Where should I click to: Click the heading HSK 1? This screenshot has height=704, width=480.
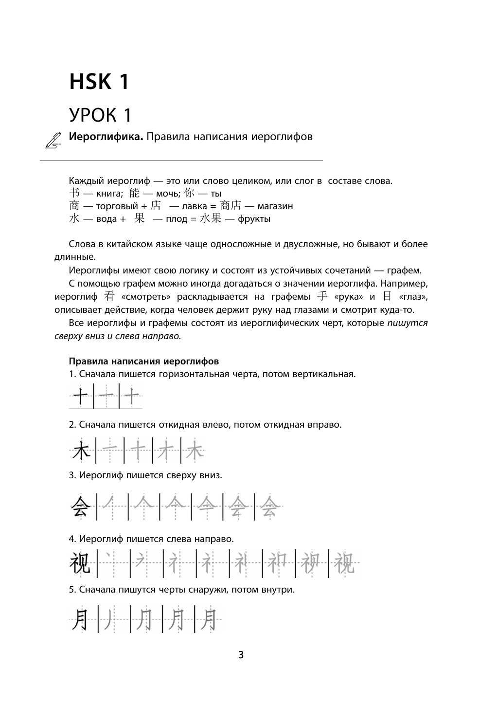pos(99,82)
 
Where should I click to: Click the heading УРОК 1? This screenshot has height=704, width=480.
pos(101,115)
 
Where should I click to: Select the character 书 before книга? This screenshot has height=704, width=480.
pos(74,193)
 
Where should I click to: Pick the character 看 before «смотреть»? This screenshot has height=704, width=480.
pos(108,296)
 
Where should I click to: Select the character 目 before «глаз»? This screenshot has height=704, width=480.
pos(387,296)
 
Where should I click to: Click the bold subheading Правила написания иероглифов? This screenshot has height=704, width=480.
pos(144,361)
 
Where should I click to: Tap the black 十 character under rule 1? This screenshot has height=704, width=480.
pos(81,397)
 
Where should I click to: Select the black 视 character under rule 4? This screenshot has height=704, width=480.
pos(81,563)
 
